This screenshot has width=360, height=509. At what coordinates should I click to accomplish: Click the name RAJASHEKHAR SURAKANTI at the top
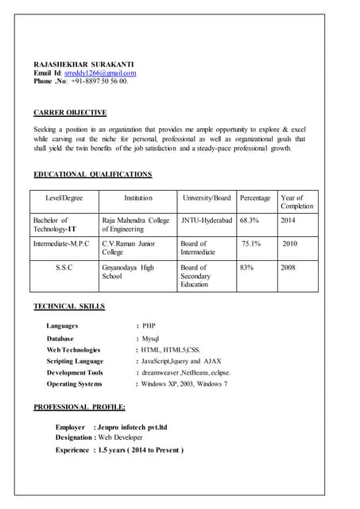point(83,64)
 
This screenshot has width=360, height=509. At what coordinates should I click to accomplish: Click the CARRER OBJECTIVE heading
point(70,113)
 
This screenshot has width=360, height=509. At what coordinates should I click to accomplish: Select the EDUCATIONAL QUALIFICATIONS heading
point(92,174)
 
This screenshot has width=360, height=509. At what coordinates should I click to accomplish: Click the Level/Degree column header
point(64,197)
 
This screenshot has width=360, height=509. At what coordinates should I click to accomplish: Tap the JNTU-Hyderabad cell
point(207,220)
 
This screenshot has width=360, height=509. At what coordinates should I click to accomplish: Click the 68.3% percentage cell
point(250,220)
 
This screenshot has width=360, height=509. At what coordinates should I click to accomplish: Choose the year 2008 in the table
point(288,267)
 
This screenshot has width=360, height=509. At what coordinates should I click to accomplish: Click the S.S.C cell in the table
point(64,267)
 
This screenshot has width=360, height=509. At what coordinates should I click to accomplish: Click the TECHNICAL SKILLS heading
point(68,306)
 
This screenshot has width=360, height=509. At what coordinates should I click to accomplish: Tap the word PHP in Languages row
point(149,326)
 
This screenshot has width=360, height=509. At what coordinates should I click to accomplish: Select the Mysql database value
point(151,338)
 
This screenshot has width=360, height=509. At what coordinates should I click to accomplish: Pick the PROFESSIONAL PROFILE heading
point(79,407)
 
